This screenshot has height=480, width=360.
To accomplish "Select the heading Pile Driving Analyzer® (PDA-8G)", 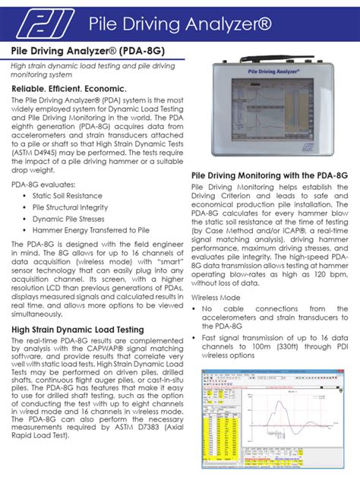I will (87, 51).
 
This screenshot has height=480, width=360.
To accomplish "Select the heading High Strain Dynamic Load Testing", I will (77, 329).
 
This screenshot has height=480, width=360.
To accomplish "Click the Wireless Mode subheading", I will (216, 297).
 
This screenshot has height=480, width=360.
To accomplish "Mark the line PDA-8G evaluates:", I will (43, 183).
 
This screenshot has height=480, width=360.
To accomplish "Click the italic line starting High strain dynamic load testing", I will (92, 70).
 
